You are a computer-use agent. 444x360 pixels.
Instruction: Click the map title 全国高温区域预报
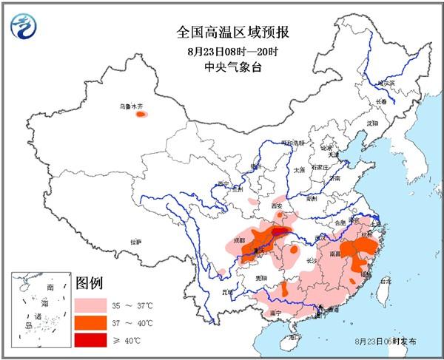coord(232,32)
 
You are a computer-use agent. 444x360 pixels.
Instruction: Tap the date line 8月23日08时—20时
coord(232,51)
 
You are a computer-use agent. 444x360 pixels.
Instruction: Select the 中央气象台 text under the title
coord(232,67)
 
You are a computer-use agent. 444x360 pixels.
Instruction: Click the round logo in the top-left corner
coord(24,29)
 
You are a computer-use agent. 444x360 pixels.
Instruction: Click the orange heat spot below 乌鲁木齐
coord(141,115)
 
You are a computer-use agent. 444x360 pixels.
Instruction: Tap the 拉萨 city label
coord(135,242)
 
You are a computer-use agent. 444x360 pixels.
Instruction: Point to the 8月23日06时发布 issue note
coord(386,341)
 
